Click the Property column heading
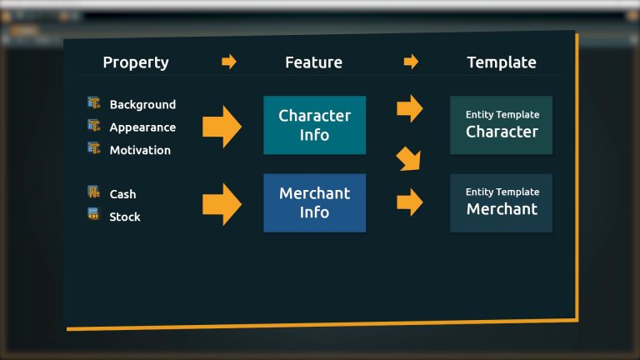136,62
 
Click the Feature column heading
313,62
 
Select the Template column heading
501,62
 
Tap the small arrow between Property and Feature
229,62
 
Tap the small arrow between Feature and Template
410,62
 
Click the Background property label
142,105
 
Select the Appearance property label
142,127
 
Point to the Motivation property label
140,150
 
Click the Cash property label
122,194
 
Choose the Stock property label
125,217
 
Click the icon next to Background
93,103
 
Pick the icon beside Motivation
93,148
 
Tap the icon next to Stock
93,214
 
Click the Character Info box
314,125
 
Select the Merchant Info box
314,202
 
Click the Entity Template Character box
502,125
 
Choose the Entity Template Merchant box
502,202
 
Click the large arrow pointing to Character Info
222,127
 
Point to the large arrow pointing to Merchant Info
222,204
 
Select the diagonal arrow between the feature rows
409,158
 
